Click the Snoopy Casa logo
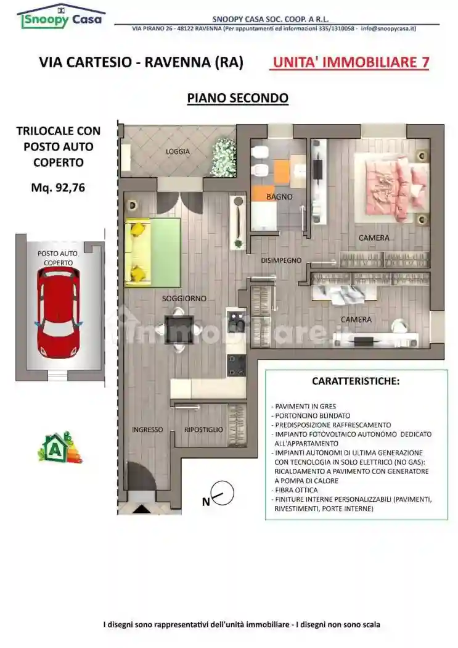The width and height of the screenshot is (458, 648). click(61, 17)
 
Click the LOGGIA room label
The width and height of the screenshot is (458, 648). click(178, 151)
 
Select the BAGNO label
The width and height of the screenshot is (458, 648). click(279, 197)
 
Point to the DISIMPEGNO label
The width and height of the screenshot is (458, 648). click(281, 260)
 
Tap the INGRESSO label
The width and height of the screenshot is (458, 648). click(147, 430)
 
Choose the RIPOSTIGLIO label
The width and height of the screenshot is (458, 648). click(203, 430)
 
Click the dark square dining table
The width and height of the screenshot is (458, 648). click(179, 329)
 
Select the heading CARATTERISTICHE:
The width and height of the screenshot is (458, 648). click(356, 381)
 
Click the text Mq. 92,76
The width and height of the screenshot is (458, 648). click(58, 188)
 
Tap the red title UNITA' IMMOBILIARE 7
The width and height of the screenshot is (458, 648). click(350, 62)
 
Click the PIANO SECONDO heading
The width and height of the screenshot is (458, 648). click(237, 98)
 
